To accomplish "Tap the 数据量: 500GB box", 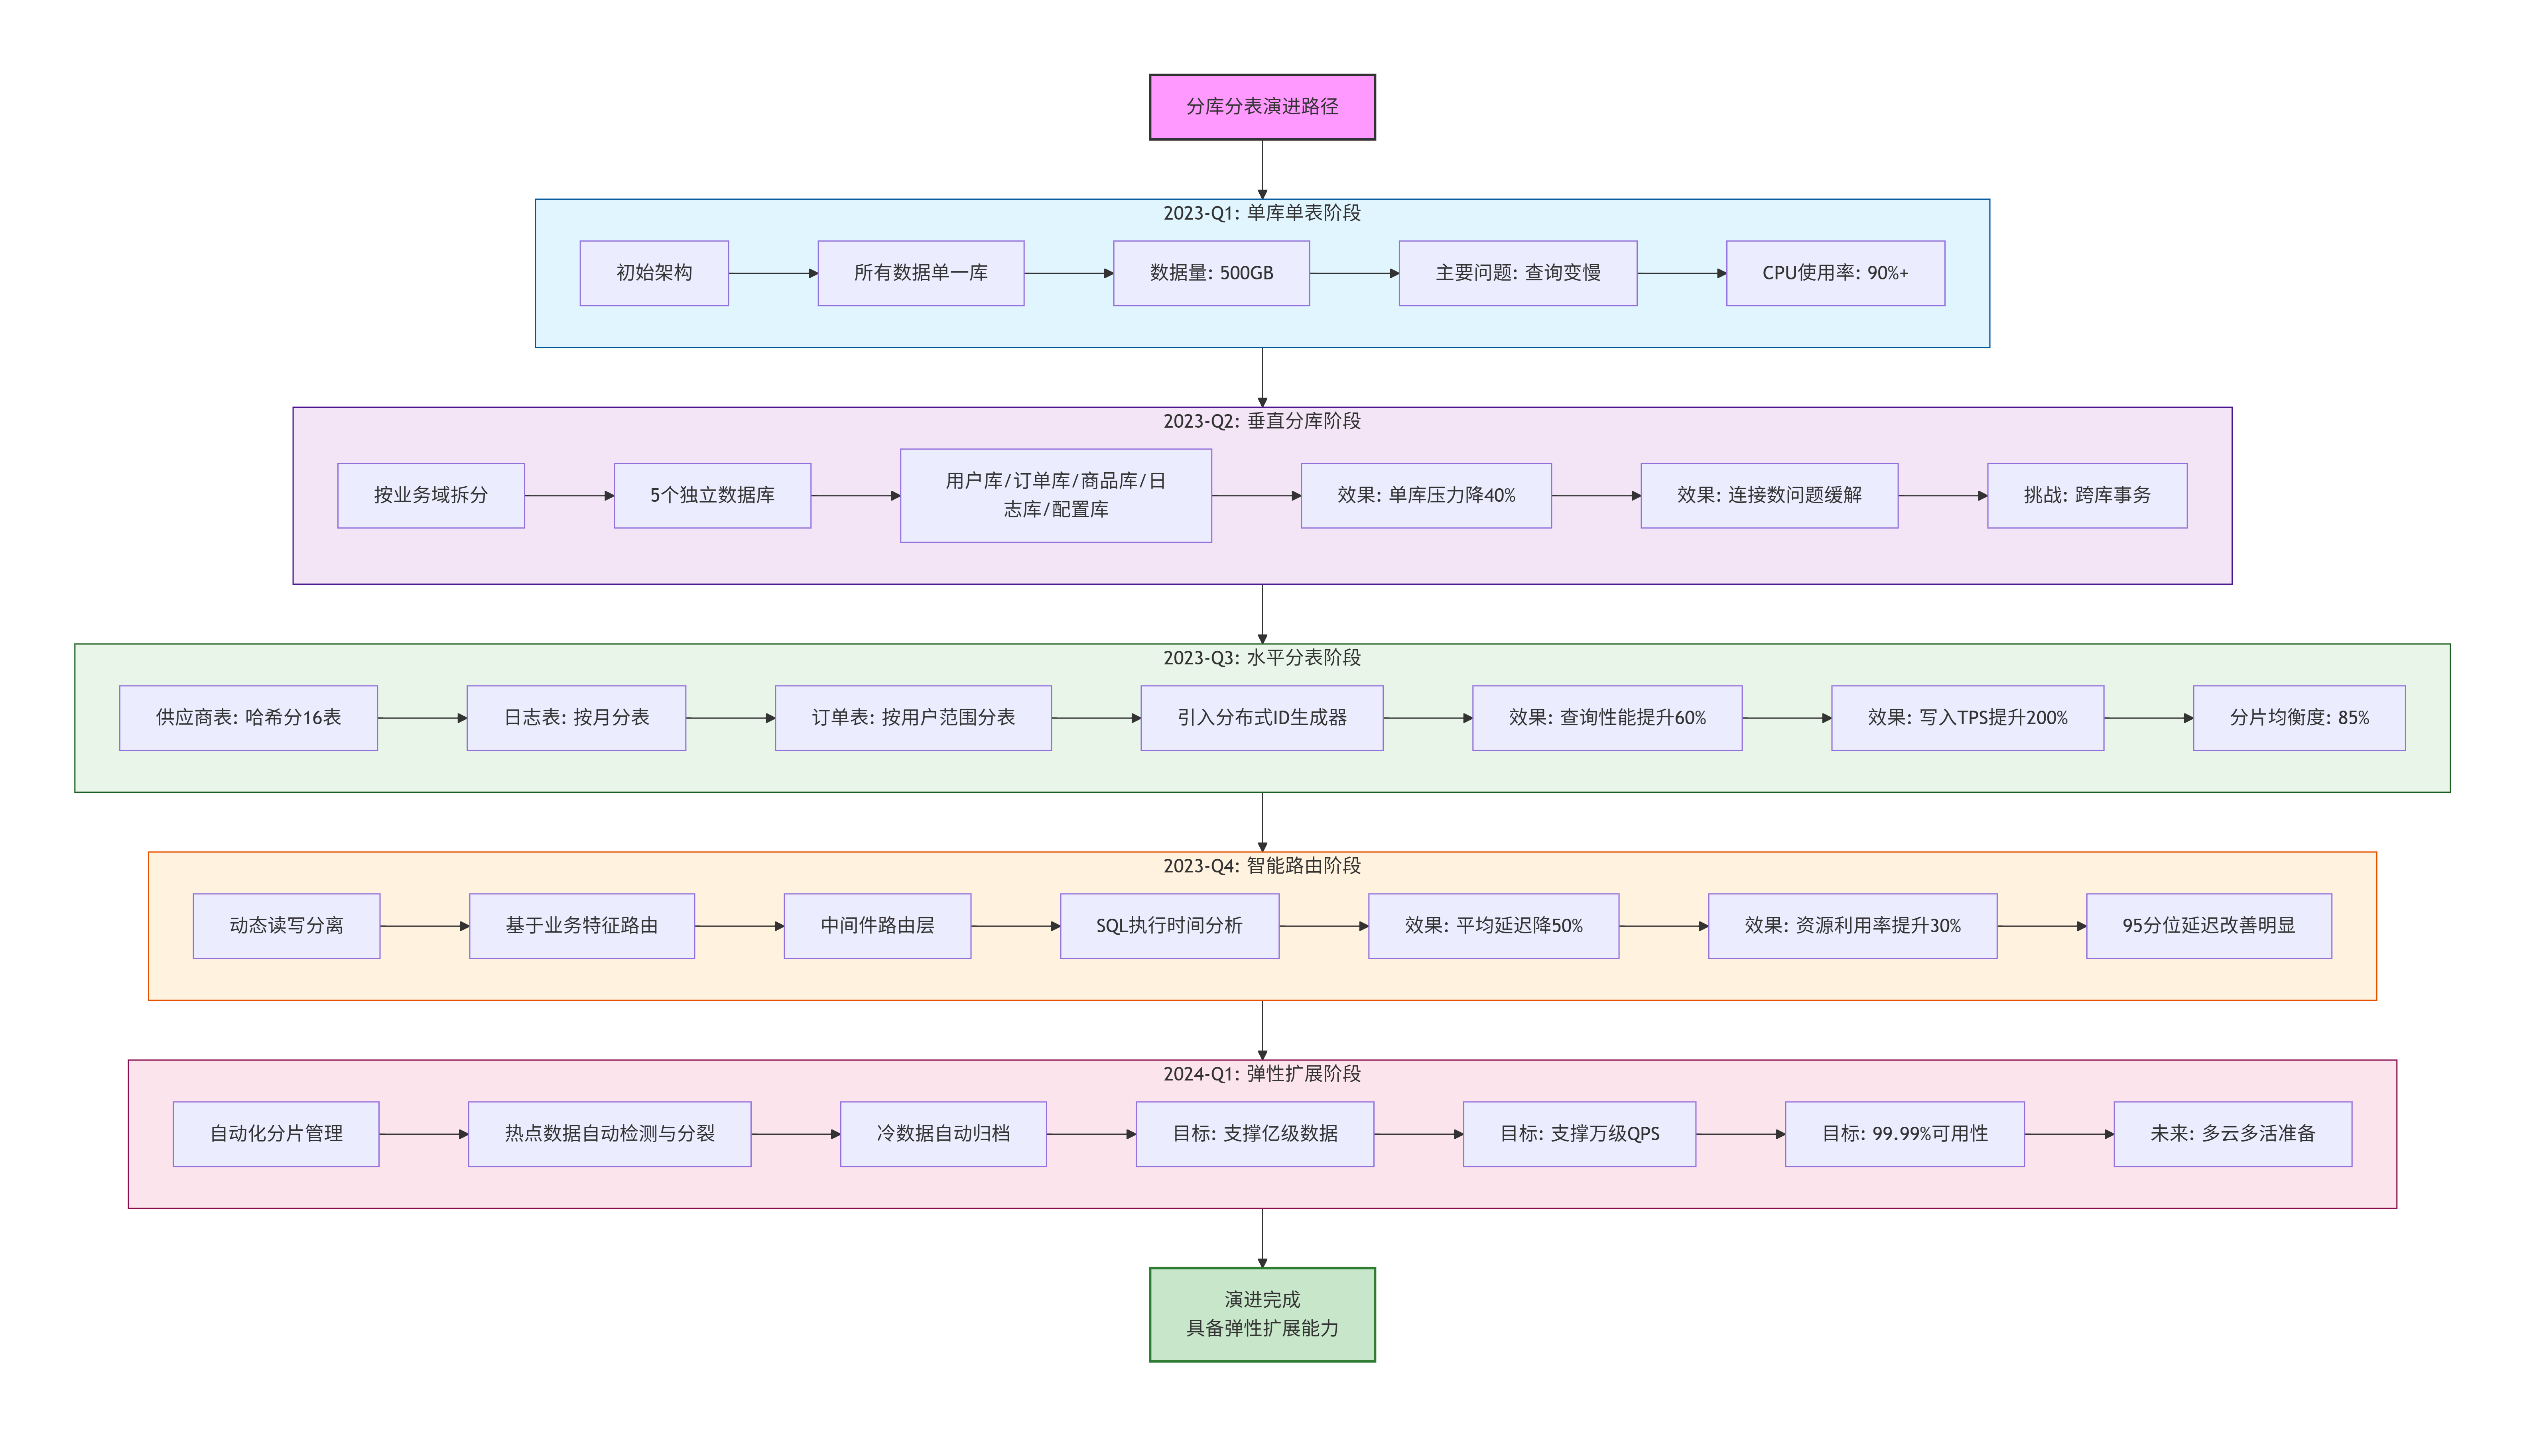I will (1211, 273).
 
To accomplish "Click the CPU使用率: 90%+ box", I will (1834, 273).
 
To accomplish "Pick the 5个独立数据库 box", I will (711, 495).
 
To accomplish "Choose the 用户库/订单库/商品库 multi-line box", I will (1055, 495).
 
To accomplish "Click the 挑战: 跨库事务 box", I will (2086, 495).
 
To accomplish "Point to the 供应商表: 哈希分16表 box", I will (248, 718).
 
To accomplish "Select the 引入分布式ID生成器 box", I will (1261, 718).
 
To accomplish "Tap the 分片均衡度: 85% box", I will (2298, 718).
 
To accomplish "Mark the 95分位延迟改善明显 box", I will (2208, 926).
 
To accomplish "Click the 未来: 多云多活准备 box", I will (2232, 1134).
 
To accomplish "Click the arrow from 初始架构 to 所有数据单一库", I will (772, 273).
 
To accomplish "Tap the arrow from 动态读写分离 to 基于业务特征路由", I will (424, 926).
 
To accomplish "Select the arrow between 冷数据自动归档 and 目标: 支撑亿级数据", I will (1090, 1134).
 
